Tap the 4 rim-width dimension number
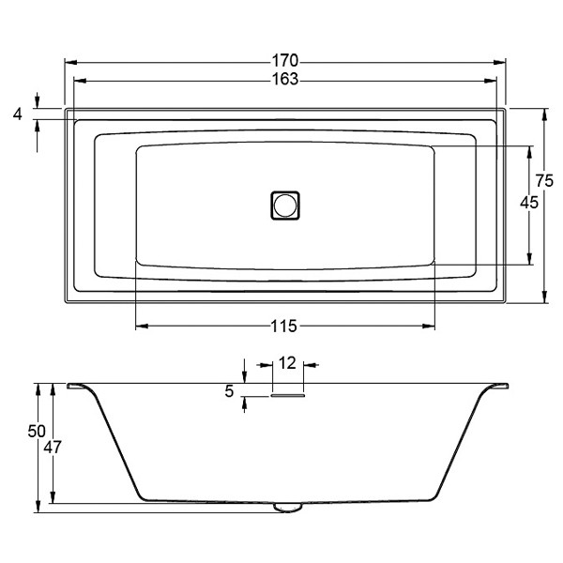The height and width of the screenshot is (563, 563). point(17,114)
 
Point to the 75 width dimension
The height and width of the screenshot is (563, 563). point(545,181)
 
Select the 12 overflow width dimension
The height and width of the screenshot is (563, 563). point(287,363)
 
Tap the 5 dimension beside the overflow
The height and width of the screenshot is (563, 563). point(229,392)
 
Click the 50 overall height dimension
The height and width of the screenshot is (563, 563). point(37,431)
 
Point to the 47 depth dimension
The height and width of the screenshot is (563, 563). point(53,448)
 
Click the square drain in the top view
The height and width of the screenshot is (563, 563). point(285,204)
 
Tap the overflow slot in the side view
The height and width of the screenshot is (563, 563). point(287,395)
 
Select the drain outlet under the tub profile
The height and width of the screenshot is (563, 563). point(287,508)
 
